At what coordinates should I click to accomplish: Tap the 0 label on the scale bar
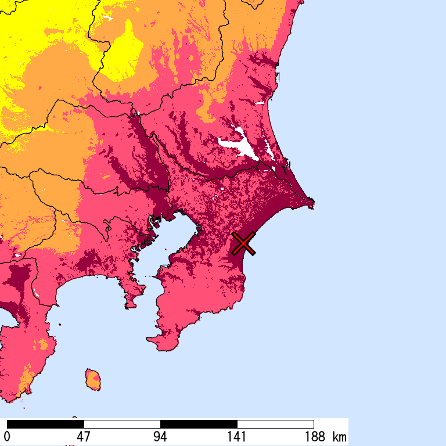pos(7,437)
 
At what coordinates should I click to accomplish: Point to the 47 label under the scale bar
pos(84,437)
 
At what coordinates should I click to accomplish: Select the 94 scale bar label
pos(160,437)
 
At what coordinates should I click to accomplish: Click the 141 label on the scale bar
pos(237,437)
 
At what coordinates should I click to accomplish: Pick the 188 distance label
pos(314,437)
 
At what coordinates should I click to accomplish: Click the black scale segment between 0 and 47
pos(45,424)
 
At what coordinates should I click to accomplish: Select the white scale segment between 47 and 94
pos(122,424)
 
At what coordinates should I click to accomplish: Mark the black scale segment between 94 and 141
pos(199,424)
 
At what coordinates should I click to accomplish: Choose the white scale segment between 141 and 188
pos(275,424)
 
